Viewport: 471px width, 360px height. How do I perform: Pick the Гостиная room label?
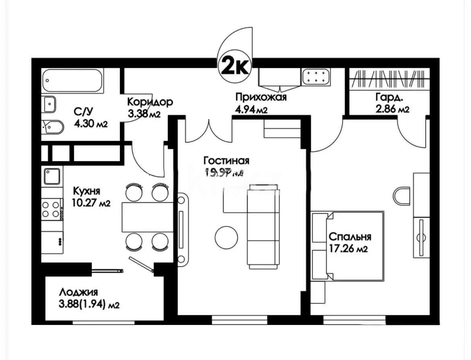pos(226,161)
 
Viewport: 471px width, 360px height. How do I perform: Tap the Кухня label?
pos(87,191)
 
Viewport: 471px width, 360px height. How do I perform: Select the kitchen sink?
pos(52,176)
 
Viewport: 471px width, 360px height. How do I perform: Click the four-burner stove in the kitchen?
pos(51,210)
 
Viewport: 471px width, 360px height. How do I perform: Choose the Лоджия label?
pos(78,292)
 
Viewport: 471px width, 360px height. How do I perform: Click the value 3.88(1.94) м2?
pos(89,305)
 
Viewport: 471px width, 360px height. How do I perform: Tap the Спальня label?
pos(349,237)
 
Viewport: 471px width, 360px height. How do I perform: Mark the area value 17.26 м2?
pos(348,249)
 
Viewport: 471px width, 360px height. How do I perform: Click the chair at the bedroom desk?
pos(403,197)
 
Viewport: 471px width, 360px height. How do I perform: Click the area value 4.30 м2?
pos(91,124)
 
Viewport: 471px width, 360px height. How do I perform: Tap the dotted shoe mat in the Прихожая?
pos(316,77)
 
